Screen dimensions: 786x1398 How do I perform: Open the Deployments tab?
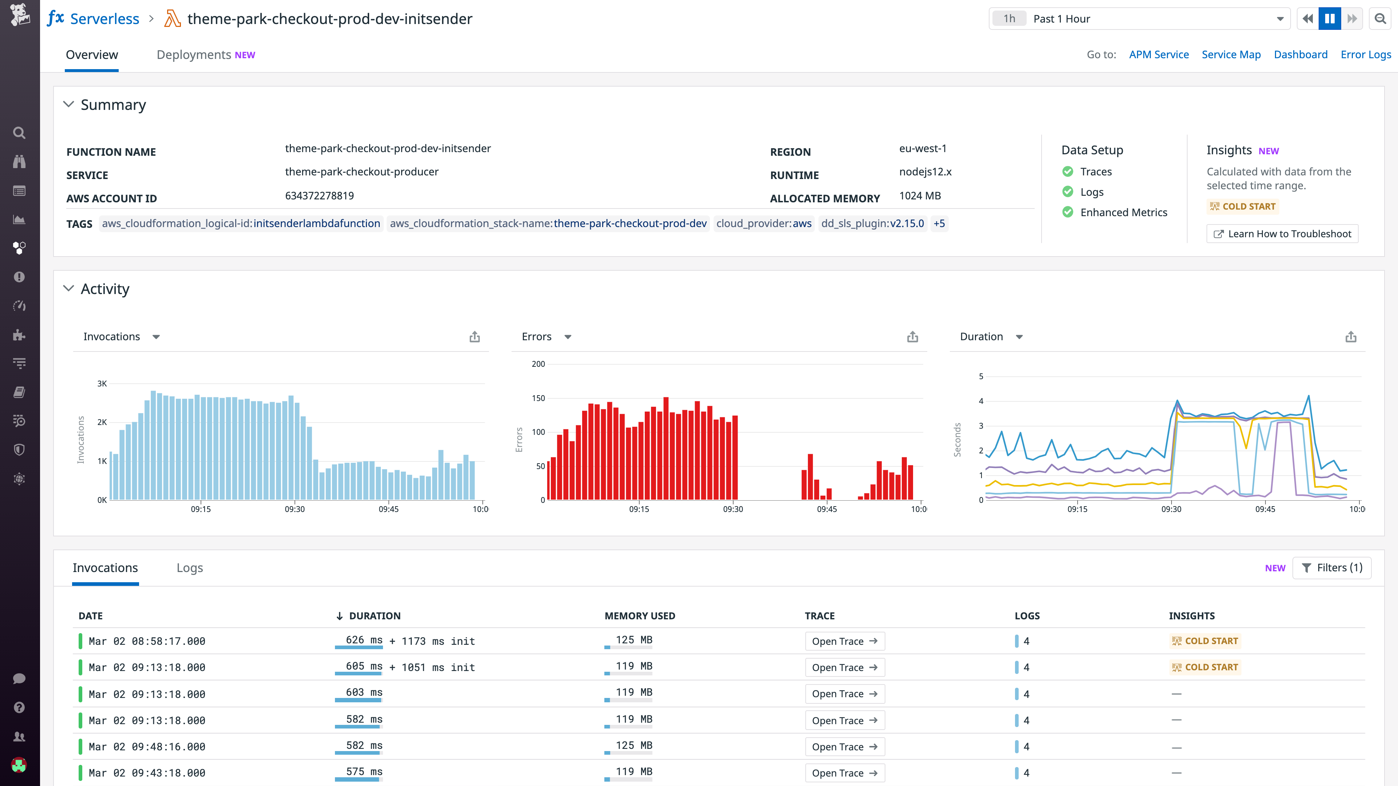click(205, 55)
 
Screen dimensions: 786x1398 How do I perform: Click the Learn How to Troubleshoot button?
click(1282, 234)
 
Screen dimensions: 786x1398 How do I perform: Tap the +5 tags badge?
click(939, 223)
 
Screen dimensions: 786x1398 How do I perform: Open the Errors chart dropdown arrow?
click(568, 337)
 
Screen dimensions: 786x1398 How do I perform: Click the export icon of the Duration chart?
click(1350, 337)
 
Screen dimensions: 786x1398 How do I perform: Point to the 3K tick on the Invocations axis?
click(102, 384)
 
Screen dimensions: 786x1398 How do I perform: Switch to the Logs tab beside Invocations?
click(189, 568)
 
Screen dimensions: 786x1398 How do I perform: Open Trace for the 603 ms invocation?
click(845, 694)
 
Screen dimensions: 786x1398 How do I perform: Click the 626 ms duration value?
click(364, 640)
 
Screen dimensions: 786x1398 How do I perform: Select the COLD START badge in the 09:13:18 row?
click(1205, 667)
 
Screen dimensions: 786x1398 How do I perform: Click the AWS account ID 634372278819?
click(319, 196)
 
